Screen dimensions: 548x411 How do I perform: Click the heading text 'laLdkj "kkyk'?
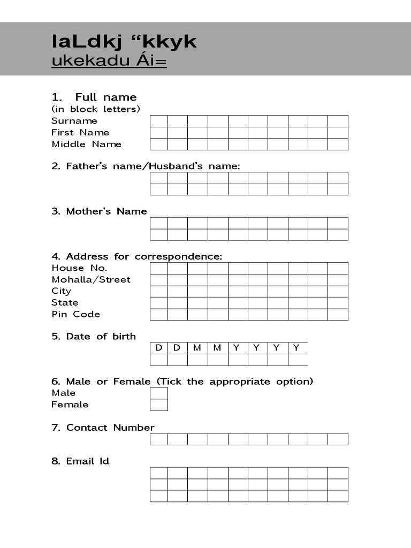124,41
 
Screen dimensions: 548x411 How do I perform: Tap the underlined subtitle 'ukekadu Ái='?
109,62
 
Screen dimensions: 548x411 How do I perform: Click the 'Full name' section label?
105,97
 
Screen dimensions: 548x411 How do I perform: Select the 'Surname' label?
74,121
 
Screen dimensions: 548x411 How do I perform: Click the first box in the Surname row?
159,121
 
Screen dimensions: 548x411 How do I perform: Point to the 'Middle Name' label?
87,144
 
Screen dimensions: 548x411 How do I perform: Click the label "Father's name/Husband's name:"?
146,166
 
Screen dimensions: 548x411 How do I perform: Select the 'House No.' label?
79,268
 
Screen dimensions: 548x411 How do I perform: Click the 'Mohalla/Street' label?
91,279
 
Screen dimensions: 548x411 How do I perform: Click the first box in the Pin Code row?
159,314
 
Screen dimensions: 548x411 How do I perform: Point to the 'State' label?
65,302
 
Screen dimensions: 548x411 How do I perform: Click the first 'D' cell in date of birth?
159,348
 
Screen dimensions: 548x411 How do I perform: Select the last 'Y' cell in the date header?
297,348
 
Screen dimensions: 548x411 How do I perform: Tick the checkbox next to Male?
159,393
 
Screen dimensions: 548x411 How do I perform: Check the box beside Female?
159,405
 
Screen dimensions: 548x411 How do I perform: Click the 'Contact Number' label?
110,428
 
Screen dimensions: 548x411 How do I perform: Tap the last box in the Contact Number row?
338,439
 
